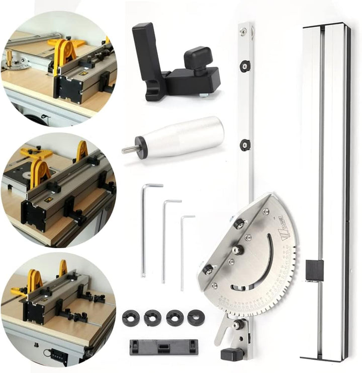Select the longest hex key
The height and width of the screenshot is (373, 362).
144,227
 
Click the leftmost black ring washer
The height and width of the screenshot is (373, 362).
131,318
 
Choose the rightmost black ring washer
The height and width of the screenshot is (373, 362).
196,318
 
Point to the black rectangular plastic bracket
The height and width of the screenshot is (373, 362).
164,347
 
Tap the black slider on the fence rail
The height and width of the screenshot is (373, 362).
314,270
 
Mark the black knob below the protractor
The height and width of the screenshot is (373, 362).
232,354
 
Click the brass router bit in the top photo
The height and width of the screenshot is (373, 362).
9,56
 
